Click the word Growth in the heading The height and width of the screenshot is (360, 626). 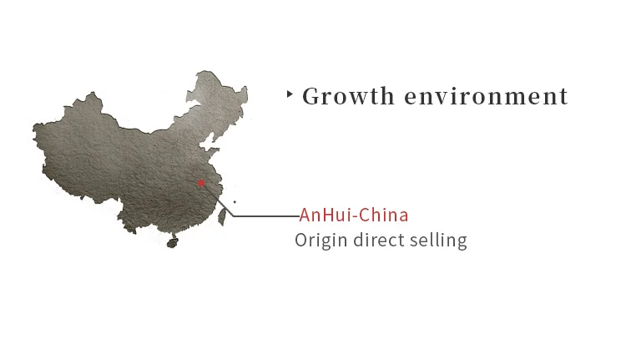pos(348,96)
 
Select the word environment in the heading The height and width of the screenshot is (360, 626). pos(486,97)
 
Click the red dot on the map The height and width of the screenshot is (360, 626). pos(201,183)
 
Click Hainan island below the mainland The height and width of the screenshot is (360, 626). pos(172,243)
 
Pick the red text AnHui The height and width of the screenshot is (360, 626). pos(326,215)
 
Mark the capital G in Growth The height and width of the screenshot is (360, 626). pos(311,96)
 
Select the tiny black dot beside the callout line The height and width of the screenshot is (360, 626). pos(235,201)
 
